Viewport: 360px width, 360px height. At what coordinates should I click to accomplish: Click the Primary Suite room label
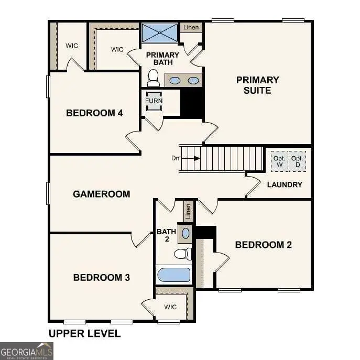click(x=257, y=85)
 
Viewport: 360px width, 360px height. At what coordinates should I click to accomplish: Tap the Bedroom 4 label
click(x=94, y=113)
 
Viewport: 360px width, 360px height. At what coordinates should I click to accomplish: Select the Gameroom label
click(x=101, y=194)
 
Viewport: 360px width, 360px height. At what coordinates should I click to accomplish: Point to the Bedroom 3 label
click(x=101, y=277)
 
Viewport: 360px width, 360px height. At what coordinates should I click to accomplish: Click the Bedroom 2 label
click(x=263, y=245)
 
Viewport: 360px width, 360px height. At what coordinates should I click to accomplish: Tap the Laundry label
click(x=285, y=184)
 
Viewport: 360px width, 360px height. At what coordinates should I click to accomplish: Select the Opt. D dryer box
click(x=297, y=161)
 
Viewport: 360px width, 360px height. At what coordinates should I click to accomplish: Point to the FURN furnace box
click(x=154, y=101)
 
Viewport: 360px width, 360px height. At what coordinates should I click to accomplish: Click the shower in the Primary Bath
click(x=159, y=33)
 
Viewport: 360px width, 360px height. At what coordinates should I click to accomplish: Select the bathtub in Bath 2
click(x=173, y=275)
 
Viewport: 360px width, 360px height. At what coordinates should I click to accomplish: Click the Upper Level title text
click(x=84, y=333)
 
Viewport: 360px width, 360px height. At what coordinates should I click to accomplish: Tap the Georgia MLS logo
click(x=26, y=351)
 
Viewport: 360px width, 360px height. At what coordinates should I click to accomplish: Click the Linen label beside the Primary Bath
click(x=191, y=27)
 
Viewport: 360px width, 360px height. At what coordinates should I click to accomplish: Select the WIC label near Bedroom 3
click(x=170, y=307)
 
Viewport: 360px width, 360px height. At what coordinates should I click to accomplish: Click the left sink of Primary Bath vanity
click(x=176, y=81)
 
